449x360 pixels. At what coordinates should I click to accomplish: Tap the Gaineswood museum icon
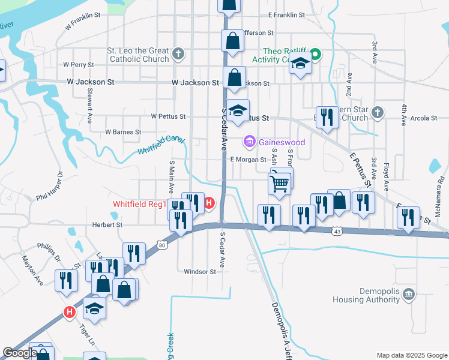pos(249,142)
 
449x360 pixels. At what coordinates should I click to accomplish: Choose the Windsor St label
pos(199,272)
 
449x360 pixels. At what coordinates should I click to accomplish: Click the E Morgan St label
pos(248,160)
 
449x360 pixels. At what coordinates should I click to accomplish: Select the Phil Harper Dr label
pos(50,188)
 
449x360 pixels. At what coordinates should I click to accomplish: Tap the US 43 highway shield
pos(339,231)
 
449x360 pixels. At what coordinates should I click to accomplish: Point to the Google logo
pos(19,353)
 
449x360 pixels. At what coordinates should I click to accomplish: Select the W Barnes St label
pos(123,131)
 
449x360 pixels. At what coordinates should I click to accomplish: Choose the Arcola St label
pos(424,118)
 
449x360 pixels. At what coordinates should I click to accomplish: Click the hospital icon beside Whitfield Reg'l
pos(209,203)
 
